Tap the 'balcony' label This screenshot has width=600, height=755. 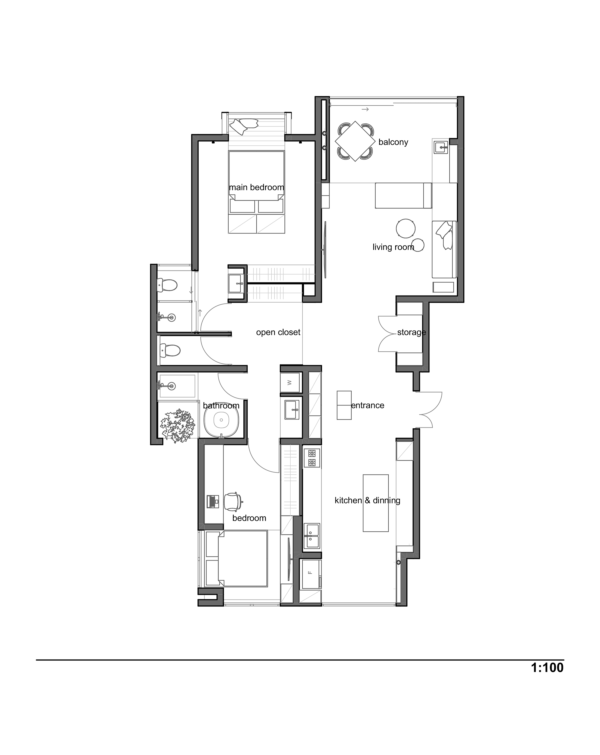point(393,142)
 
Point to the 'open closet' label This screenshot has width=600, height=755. point(278,332)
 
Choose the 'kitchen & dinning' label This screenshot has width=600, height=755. point(367,500)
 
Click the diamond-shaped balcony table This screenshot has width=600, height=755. point(355,141)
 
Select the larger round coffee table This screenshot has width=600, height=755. point(406,228)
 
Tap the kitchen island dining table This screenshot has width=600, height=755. point(376,503)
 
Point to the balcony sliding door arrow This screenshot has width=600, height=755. point(365,110)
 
